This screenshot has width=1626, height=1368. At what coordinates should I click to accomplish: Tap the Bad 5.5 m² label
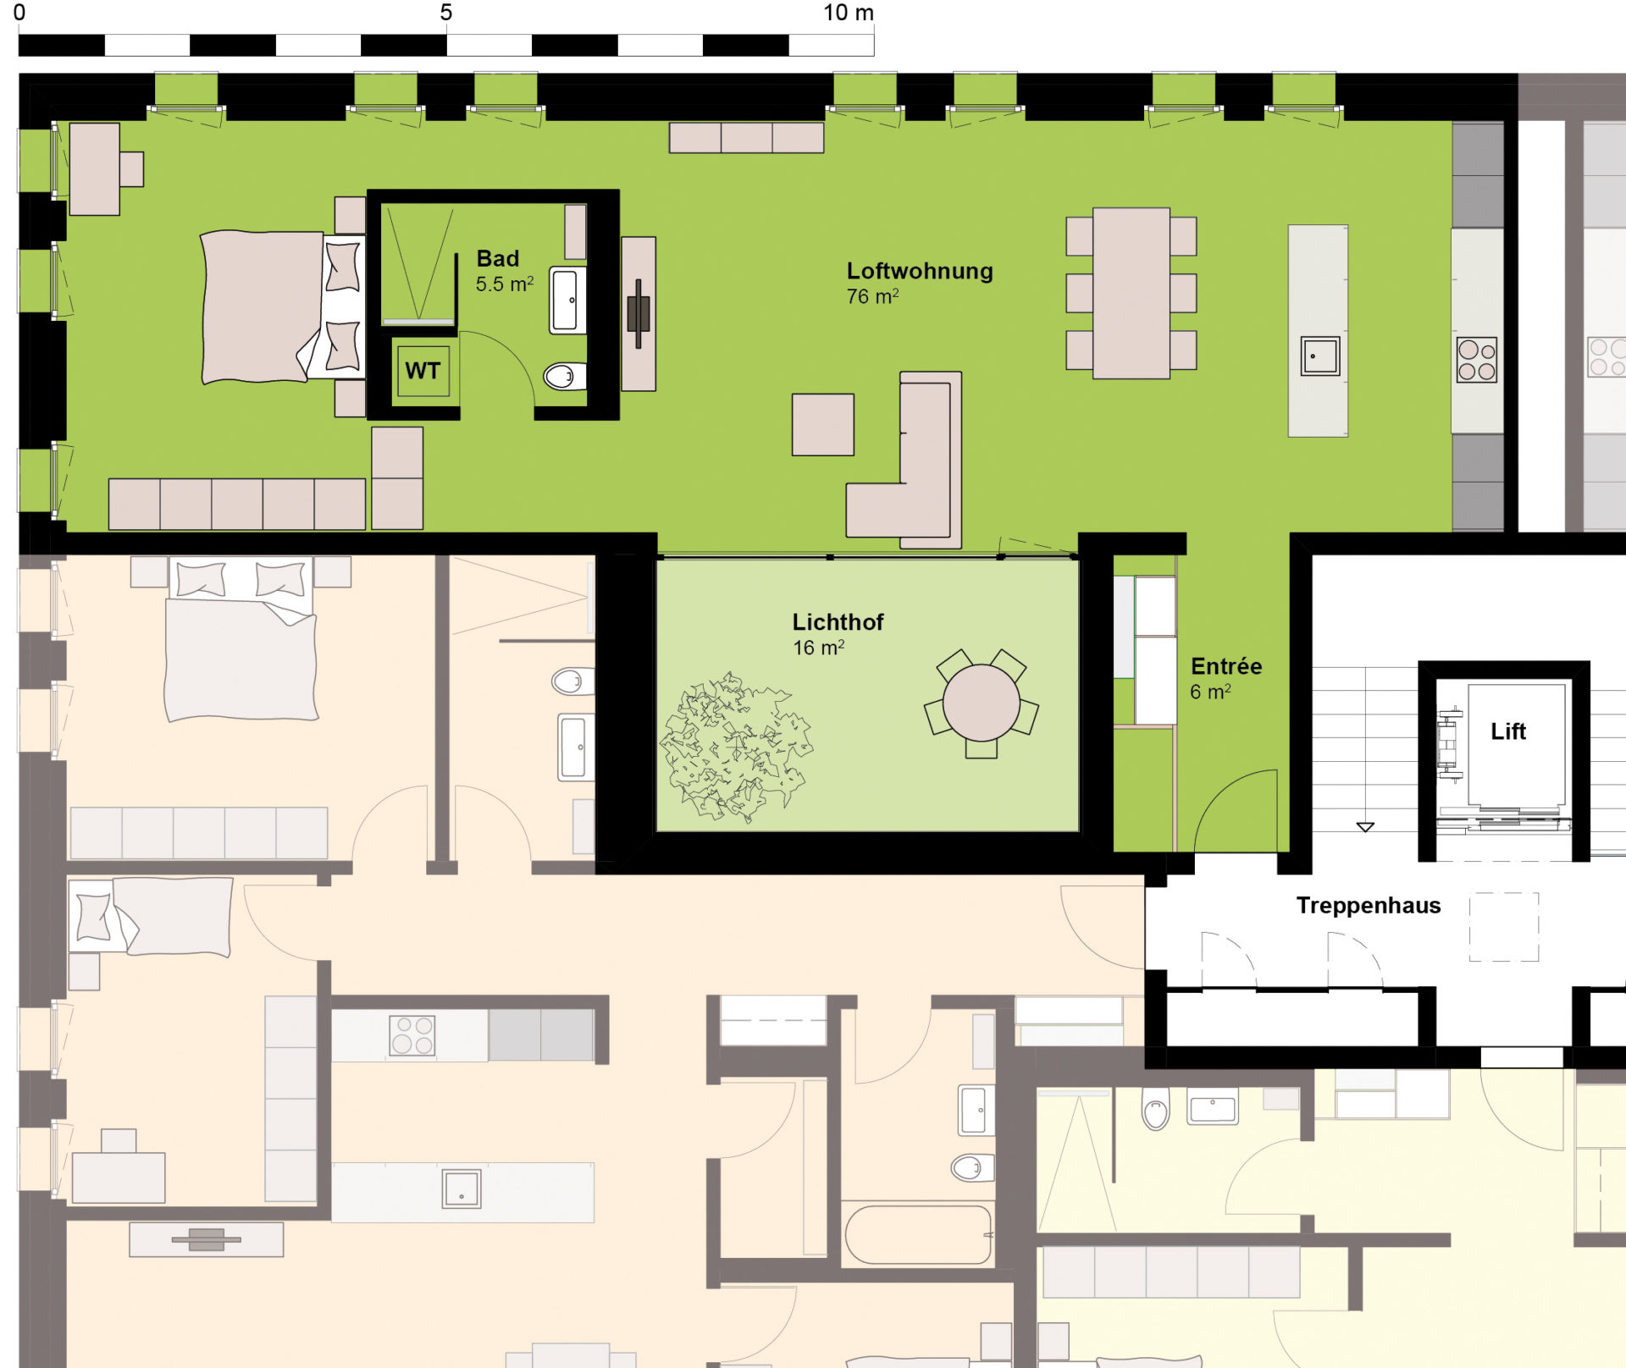pyautogui.click(x=505, y=271)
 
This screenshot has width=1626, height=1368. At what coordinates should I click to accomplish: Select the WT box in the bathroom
pyautogui.click(x=423, y=371)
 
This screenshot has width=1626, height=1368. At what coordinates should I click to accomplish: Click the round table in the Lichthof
pyautogui.click(x=981, y=703)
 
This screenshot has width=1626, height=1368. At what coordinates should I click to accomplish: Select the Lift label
pyautogui.click(x=1508, y=731)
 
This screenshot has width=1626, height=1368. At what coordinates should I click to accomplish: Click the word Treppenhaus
pyautogui.click(x=1369, y=906)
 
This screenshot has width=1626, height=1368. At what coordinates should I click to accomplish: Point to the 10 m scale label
pyautogui.click(x=849, y=13)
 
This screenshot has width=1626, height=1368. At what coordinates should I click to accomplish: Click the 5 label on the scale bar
pyautogui.click(x=446, y=13)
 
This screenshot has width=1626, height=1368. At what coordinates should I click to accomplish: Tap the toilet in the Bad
pyautogui.click(x=564, y=375)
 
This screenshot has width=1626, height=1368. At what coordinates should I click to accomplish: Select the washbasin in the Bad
pyautogui.click(x=567, y=300)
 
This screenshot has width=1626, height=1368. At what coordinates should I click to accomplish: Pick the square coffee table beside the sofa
pyautogui.click(x=823, y=424)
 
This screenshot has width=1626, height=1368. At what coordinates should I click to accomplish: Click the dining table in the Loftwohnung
pyautogui.click(x=1131, y=293)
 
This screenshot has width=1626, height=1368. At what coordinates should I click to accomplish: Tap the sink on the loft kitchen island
pyautogui.click(x=1320, y=356)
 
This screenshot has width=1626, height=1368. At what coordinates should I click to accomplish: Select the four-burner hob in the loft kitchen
pyautogui.click(x=1477, y=360)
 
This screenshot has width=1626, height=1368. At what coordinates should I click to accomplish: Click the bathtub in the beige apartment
pyautogui.click(x=919, y=1235)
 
